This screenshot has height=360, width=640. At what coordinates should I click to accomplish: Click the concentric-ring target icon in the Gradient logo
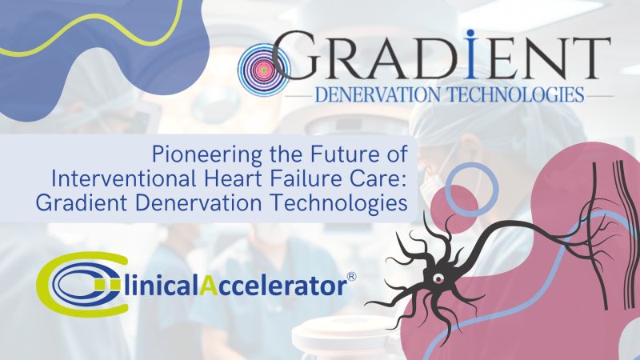(263, 70)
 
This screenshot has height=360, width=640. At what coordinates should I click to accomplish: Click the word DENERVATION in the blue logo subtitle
(378, 94)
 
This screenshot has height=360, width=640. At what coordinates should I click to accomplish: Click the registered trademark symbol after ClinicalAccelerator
(351, 277)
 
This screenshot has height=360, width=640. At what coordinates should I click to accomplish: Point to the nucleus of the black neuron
(438, 278)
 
